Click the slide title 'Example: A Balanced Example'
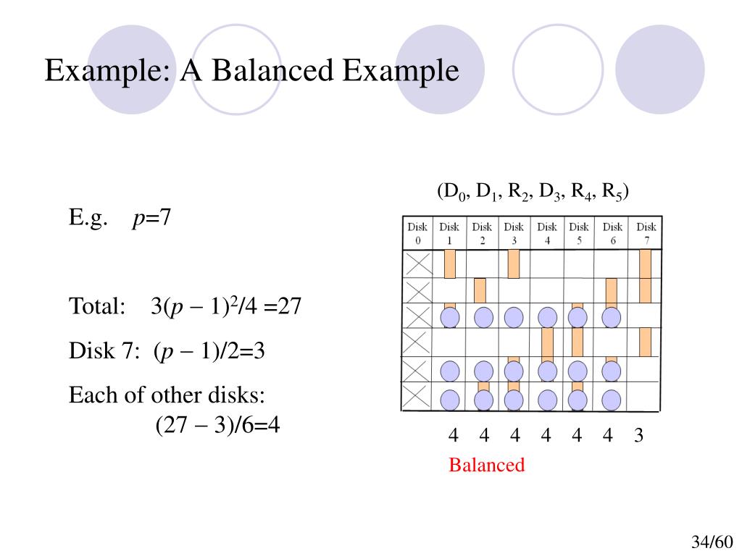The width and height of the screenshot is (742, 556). pyautogui.click(x=251, y=72)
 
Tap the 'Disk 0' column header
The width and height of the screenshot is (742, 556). pyautogui.click(x=417, y=233)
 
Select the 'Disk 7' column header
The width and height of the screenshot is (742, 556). pyautogui.click(x=646, y=233)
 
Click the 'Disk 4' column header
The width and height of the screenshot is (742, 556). pyautogui.click(x=547, y=233)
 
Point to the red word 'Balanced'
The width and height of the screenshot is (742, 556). pyautogui.click(x=486, y=465)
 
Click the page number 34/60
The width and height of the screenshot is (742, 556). pyautogui.click(x=712, y=542)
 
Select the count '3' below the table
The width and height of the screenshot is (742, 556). pyautogui.click(x=638, y=436)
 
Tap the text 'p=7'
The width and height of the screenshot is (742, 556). pyautogui.click(x=151, y=217)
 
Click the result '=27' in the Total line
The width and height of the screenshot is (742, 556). pyautogui.click(x=283, y=307)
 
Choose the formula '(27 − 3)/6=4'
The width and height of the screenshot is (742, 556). pyautogui.click(x=217, y=424)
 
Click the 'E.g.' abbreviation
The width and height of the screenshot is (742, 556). pyautogui.click(x=89, y=217)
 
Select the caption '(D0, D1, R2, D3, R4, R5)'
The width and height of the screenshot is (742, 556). pyautogui.click(x=532, y=192)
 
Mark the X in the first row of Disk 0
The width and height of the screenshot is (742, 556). pyautogui.click(x=417, y=264)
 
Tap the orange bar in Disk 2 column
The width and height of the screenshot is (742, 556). pyautogui.click(x=480, y=290)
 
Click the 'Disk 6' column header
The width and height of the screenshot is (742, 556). pyautogui.click(x=612, y=233)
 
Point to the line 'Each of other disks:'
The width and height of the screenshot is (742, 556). pyautogui.click(x=167, y=396)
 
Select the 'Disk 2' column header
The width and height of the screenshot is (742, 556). pyautogui.click(x=482, y=233)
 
